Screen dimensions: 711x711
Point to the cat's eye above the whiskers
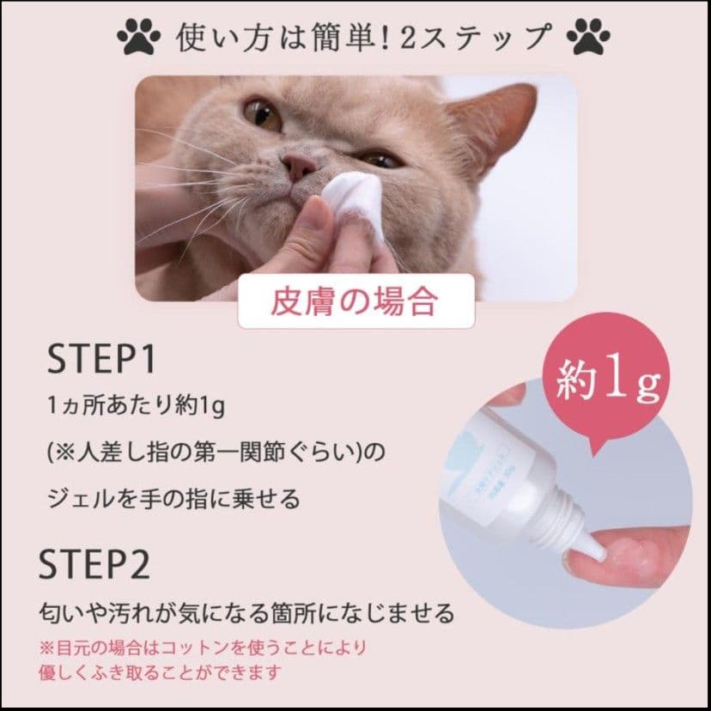[x=260, y=114]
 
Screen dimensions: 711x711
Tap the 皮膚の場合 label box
[x=355, y=301]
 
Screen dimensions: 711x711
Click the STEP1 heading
[x=101, y=361]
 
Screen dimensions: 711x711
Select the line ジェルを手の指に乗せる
[x=172, y=498]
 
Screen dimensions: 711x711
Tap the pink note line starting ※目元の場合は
[x=208, y=646]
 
